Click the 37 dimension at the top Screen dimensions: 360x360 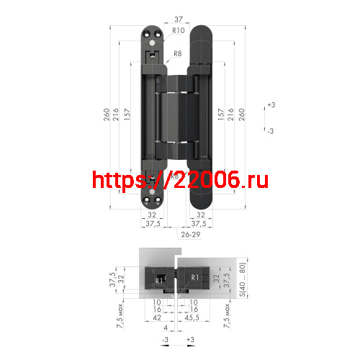click(179, 20)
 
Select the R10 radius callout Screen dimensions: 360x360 click(179, 31)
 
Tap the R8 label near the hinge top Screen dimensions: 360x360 click(178, 53)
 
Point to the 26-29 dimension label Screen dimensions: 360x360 click(191, 235)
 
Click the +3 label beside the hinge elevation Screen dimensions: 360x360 click(271, 105)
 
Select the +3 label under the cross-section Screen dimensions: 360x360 click(190, 338)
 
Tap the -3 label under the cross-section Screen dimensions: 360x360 click(165, 338)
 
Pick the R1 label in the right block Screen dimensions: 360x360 click(194, 278)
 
